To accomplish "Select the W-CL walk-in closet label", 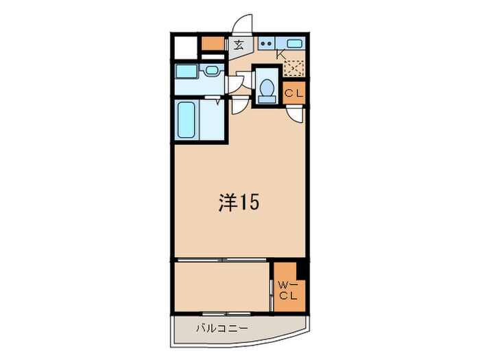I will pyautogui.click(x=287, y=291).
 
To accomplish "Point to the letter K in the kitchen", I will pyautogui.click(x=280, y=54).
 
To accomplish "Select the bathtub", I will pyautogui.click(x=187, y=120).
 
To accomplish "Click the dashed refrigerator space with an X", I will pyautogui.click(x=294, y=69).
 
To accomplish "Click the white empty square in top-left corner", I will pyautogui.click(x=185, y=46).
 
